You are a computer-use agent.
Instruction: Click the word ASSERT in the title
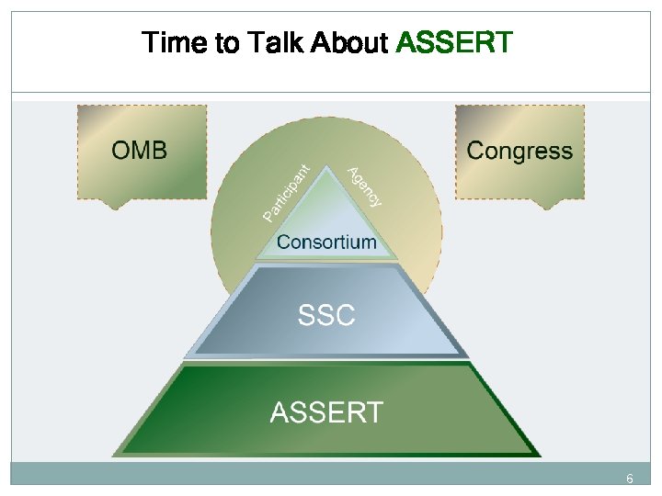pos(453,42)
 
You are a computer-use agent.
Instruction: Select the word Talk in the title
pos(274,42)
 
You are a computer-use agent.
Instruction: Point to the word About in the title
pos(349,42)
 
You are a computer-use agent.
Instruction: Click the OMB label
pos(140,151)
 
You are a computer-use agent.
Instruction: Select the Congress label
pos(519,151)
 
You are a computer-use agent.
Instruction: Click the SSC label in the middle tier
pos(326,316)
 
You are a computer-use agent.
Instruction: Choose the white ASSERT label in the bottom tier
pos(326,412)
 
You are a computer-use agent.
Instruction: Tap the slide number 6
pos(630,479)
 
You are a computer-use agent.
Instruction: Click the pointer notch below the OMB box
pos(114,205)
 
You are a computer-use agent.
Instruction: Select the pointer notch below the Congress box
pos(548,205)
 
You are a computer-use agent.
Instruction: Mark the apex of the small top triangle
pos(326,168)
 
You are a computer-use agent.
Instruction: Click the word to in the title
pos(226,42)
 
